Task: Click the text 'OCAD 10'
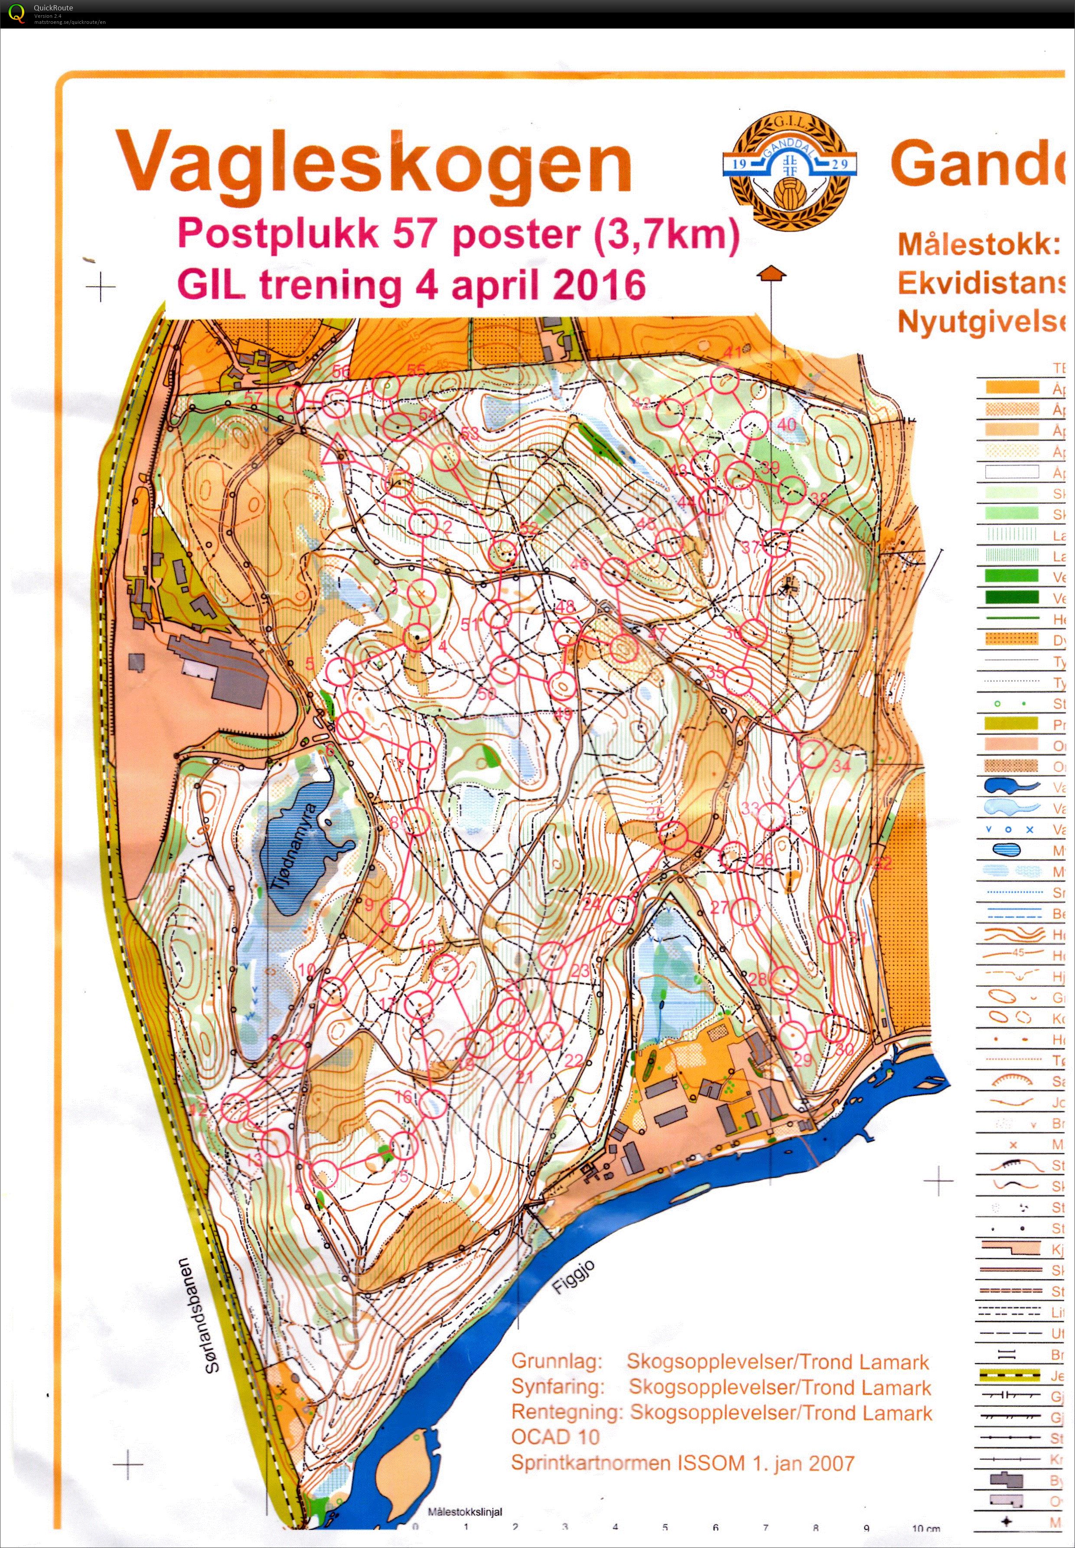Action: [555, 1436]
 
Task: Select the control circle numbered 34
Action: [813, 753]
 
